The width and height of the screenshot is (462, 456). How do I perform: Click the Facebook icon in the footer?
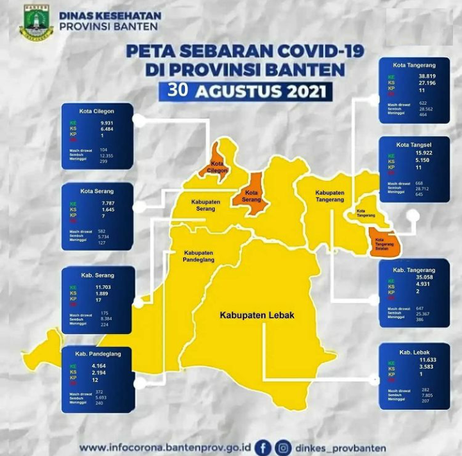(262, 447)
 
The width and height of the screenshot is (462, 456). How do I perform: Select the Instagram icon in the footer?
(283, 447)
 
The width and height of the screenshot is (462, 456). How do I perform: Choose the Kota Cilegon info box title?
(98, 110)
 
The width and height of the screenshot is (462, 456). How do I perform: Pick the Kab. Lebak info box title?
(414, 352)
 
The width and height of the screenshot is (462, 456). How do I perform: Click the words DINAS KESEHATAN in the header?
(110, 15)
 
